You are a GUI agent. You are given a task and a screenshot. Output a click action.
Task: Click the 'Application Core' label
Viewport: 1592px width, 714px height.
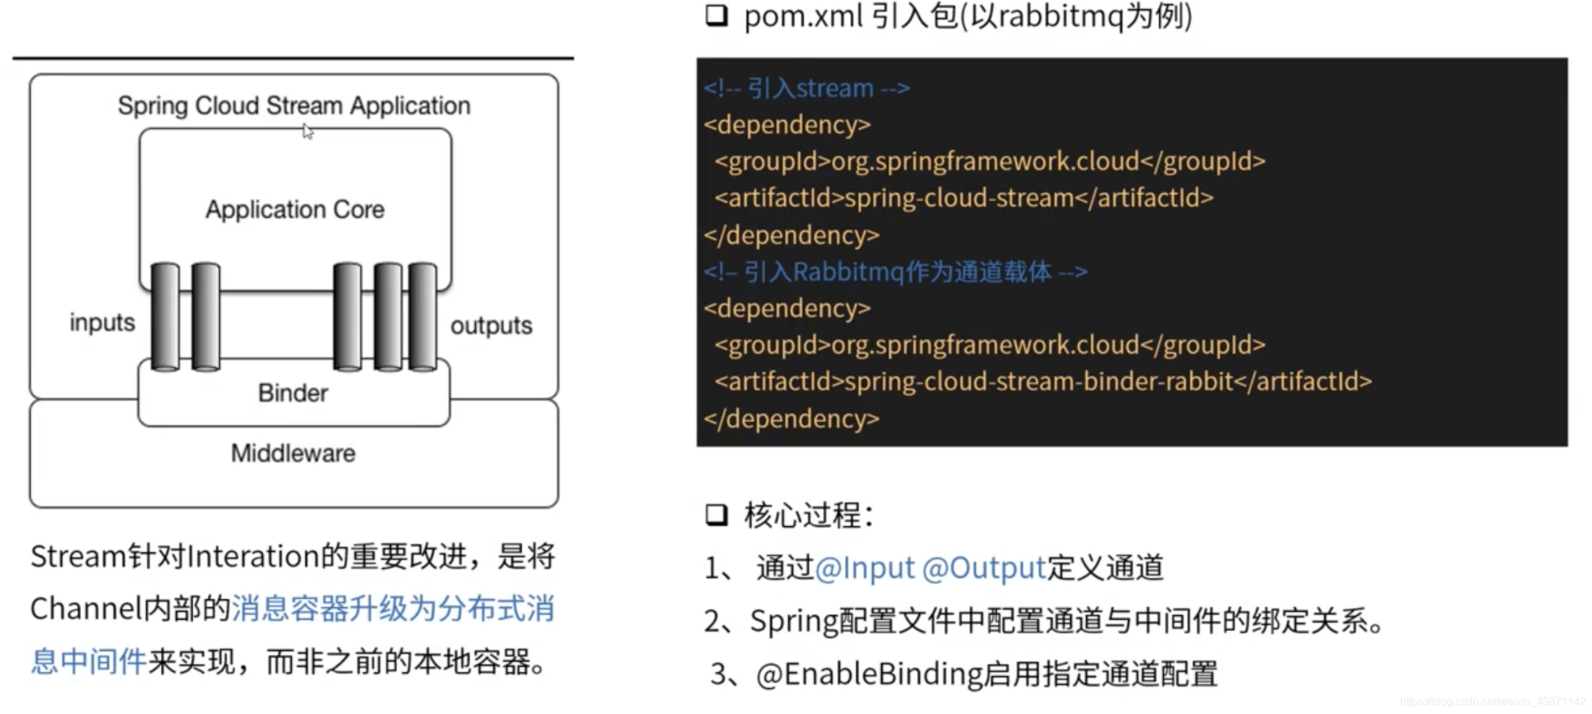(295, 210)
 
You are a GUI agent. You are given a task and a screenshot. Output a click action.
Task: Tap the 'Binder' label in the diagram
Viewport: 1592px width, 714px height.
(293, 393)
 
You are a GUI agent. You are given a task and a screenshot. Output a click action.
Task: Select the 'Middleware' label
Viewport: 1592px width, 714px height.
(293, 453)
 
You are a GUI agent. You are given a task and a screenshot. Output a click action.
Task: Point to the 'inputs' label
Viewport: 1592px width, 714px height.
(102, 322)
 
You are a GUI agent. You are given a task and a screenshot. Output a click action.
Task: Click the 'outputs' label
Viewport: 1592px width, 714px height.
(491, 326)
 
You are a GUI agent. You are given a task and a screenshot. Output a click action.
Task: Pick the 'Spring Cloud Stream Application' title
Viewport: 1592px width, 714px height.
(294, 106)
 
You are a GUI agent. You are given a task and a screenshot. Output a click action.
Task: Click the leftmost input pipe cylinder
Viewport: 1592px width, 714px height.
(165, 317)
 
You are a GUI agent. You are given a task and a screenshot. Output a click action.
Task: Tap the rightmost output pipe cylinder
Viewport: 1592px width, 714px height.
(423, 317)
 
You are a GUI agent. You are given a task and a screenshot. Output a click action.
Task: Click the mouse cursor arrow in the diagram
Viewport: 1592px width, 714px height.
(308, 131)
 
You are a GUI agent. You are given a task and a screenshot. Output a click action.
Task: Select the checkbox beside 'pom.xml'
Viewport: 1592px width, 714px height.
(716, 16)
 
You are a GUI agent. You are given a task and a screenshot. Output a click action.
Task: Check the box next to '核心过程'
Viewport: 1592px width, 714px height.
(716, 515)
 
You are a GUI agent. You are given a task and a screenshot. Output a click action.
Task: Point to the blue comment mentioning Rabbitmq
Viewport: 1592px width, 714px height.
(895, 272)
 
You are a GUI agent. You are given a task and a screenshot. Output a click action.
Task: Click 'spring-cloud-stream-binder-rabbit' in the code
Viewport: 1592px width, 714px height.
(1038, 382)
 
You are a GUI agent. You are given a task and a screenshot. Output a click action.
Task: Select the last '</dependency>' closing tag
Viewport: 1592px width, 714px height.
(792, 418)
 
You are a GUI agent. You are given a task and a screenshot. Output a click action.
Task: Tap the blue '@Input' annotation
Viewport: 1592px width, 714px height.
(864, 568)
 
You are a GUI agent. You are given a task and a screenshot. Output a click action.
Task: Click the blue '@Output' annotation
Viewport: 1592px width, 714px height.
(984, 568)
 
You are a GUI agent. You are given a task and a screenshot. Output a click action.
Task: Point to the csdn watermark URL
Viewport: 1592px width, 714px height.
(1492, 702)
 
